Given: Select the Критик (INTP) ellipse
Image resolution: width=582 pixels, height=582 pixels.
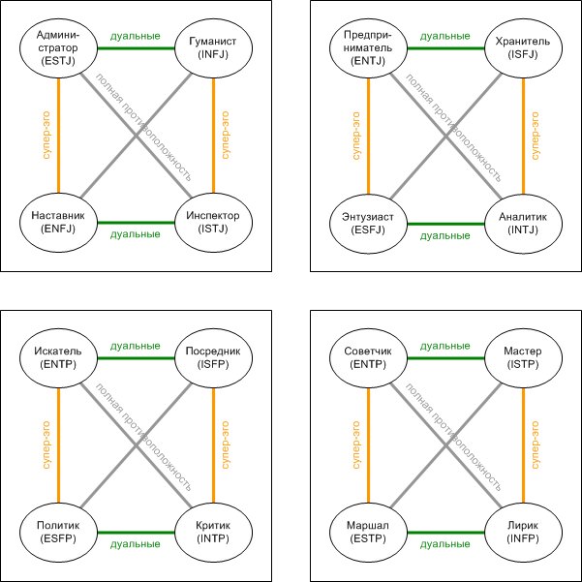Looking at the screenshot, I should tap(213, 531).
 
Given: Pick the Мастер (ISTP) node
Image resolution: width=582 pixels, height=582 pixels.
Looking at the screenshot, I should tap(523, 358).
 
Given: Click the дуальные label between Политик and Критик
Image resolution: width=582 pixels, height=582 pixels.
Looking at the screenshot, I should tap(136, 544).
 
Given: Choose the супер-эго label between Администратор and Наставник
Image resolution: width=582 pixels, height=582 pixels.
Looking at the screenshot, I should tap(45, 136).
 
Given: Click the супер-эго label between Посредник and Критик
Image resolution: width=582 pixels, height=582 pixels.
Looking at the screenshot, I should tap(226, 444).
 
